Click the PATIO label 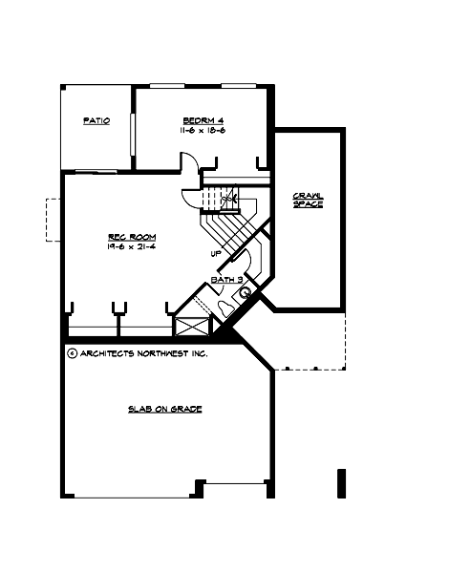[96, 121]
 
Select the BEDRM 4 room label [203, 120]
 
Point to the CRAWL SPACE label [308, 200]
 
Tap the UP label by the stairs [217, 253]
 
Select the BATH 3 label [226, 279]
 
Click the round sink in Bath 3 [246, 293]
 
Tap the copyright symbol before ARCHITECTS [73, 352]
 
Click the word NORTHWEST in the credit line [159, 352]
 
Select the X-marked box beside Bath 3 [191, 323]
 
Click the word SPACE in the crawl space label [308, 204]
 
